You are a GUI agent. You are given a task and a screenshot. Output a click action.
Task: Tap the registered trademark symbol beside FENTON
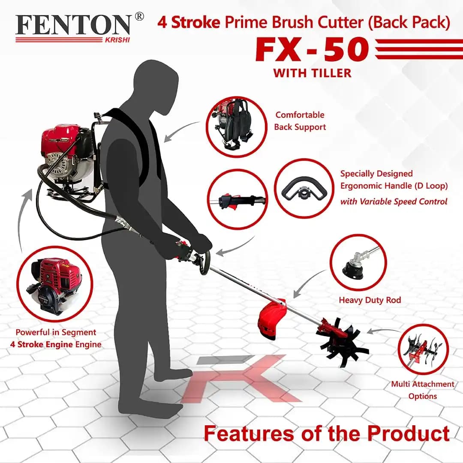pyautogui.click(x=139, y=17)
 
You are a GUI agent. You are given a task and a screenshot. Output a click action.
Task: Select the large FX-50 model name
pyautogui.click(x=312, y=50)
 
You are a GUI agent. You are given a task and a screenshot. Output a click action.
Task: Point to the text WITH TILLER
pyautogui.click(x=312, y=73)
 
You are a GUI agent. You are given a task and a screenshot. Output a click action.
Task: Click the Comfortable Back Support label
pyautogui.click(x=300, y=121)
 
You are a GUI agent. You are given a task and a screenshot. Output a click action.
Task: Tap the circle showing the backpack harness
pyautogui.click(x=236, y=127)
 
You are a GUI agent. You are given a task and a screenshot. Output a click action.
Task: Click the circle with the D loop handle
pyautogui.click(x=304, y=188)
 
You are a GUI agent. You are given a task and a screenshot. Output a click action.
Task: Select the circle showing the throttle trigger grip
pyautogui.click(x=237, y=199)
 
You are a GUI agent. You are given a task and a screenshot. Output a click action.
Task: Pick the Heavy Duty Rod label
pyautogui.click(x=370, y=300)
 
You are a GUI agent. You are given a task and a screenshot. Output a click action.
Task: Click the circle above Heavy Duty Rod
pyautogui.click(x=358, y=262)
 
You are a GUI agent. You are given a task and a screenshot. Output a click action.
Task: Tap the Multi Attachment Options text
pyautogui.click(x=422, y=390)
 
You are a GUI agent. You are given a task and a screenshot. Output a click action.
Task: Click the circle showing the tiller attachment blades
pyautogui.click(x=423, y=349)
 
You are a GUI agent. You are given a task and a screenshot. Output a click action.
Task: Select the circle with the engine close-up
pyautogui.click(x=54, y=283)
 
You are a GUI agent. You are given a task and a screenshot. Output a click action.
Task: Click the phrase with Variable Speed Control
pyautogui.click(x=394, y=201)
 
